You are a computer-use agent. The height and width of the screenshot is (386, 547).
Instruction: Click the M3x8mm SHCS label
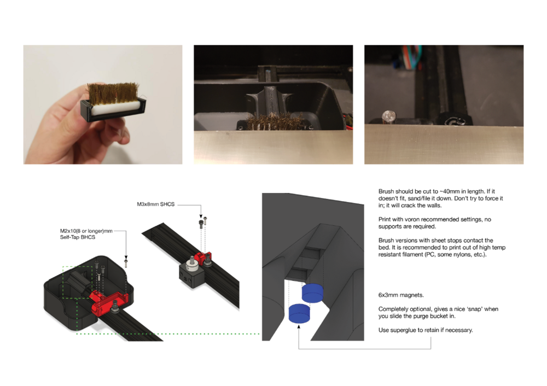[155, 204]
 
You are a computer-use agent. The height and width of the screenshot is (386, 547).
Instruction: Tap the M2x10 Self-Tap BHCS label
[86, 234]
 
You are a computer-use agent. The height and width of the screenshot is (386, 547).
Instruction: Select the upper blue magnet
[312, 293]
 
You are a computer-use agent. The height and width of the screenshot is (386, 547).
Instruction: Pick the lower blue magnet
[300, 313]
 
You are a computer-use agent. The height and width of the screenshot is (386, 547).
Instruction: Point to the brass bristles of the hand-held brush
[113, 93]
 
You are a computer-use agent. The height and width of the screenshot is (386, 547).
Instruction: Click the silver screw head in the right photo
[388, 116]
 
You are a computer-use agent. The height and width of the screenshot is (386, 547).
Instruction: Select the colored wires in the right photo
[412, 57]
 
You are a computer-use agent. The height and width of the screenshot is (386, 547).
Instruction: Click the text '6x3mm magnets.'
[401, 295]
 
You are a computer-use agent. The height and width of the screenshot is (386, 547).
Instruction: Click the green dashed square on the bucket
[78, 283]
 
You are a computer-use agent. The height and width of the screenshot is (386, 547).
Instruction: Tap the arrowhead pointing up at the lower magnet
[299, 326]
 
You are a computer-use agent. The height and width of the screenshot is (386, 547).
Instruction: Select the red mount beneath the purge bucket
[109, 302]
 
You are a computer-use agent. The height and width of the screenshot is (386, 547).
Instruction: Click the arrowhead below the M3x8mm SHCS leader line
[201, 216]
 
